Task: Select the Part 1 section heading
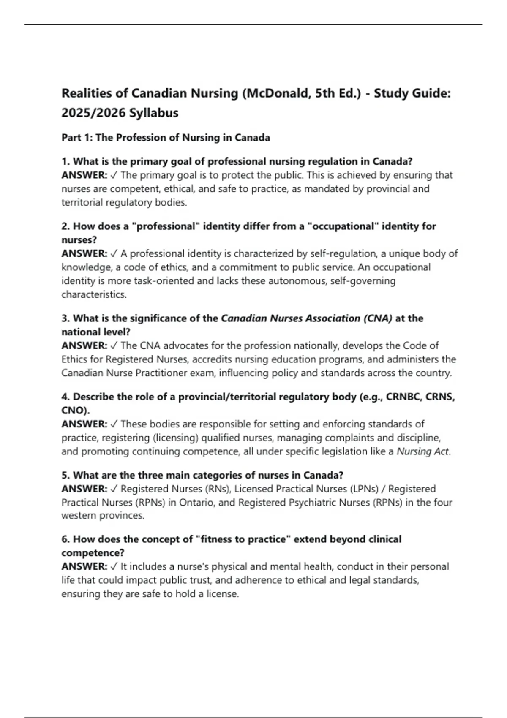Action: [x=166, y=138]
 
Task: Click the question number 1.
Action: [x=65, y=161]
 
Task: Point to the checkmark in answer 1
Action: [x=114, y=175]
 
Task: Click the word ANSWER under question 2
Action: [x=84, y=253]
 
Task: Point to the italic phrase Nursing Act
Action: [x=422, y=451]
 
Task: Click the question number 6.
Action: [x=65, y=539]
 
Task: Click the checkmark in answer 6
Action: [x=114, y=567]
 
